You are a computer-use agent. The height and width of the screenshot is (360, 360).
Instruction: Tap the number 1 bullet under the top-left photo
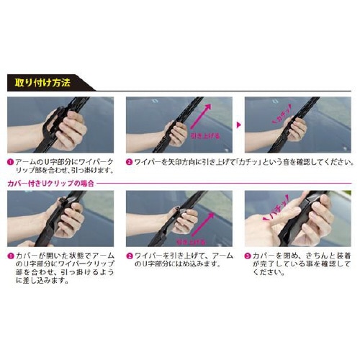pos(9,163)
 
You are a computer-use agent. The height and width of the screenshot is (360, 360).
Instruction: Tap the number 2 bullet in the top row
pos(129,163)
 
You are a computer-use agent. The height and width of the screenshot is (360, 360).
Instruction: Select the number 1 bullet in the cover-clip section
pos(9,255)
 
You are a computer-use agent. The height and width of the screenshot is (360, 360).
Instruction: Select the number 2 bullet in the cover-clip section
pos(129,255)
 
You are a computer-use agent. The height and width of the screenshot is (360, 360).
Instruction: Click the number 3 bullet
pos(248,255)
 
